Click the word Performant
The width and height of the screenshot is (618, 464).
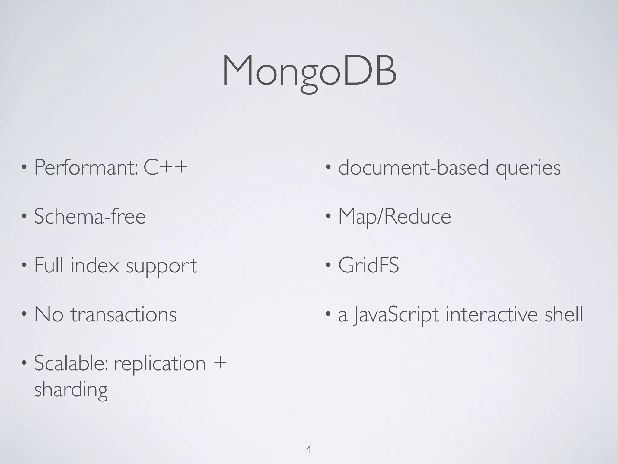86,167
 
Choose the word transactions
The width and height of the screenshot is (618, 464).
123,314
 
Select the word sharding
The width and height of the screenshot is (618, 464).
71,390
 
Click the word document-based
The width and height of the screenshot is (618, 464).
413,168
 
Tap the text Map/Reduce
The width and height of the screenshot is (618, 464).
394,217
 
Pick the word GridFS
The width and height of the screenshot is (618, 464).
368,265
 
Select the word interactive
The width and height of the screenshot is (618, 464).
492,314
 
